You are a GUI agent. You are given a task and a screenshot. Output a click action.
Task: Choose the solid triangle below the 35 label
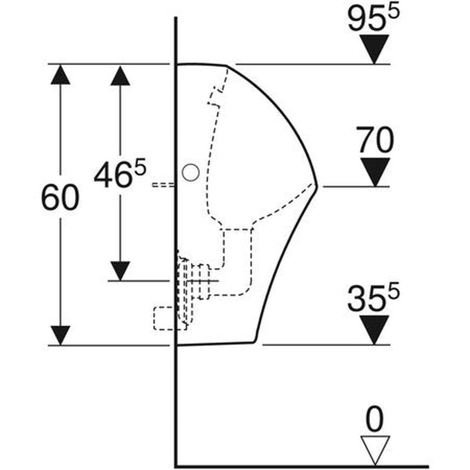point(374,330)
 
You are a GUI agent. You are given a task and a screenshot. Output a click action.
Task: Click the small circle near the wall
point(191,172)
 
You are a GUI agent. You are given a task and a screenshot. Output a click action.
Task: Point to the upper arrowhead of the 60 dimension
point(60,75)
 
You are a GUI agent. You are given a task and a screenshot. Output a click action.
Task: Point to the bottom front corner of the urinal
point(255,341)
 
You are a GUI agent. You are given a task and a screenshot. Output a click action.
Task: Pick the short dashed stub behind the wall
point(163,184)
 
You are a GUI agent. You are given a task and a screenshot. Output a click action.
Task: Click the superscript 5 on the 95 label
point(394,12)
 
